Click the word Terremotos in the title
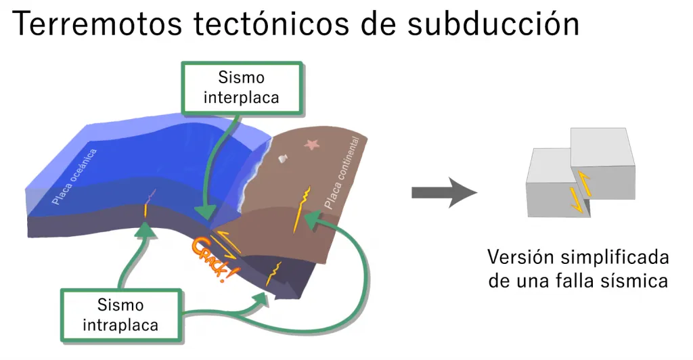96,24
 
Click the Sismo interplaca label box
242,88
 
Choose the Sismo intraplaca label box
120,315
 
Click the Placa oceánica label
74,176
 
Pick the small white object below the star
284,159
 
